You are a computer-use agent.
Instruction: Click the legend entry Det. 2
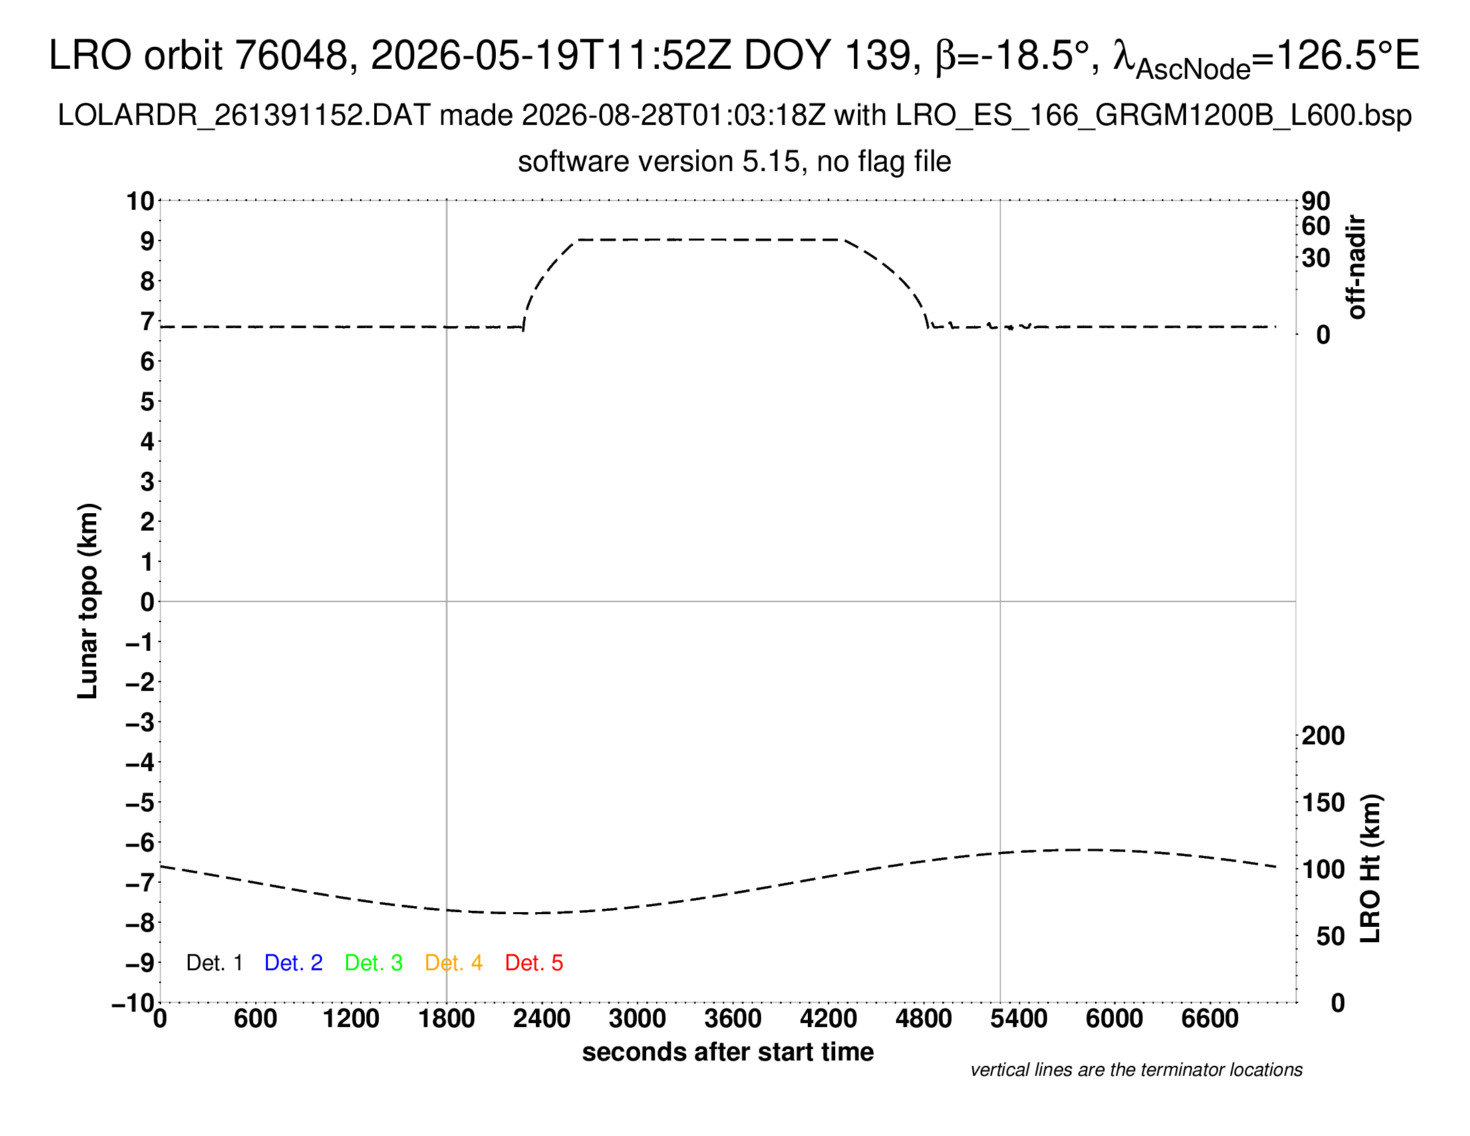pyautogui.click(x=293, y=963)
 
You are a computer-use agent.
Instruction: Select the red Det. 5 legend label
pyautogui.click(x=534, y=963)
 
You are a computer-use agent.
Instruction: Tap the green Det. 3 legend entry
pyautogui.click(x=374, y=963)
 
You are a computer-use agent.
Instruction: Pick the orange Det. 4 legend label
pyautogui.click(x=454, y=963)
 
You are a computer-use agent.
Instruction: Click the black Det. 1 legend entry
pyautogui.click(x=214, y=963)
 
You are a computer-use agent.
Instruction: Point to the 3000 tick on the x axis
pyautogui.click(x=637, y=1019)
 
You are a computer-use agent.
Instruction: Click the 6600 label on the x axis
pyautogui.click(x=1210, y=1019)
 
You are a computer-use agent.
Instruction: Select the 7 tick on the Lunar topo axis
pyautogui.click(x=148, y=321)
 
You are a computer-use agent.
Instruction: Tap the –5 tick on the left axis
pyautogui.click(x=140, y=803)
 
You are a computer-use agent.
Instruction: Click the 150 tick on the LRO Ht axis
pyautogui.click(x=1323, y=803)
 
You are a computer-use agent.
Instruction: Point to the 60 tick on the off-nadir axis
pyautogui.click(x=1316, y=226)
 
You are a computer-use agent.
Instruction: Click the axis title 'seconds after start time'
pyautogui.click(x=728, y=1052)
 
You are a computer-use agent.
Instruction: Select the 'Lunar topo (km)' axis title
pyautogui.click(x=88, y=601)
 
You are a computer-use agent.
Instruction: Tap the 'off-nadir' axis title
pyautogui.click(x=1356, y=267)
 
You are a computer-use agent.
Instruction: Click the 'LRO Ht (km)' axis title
pyautogui.click(x=1370, y=869)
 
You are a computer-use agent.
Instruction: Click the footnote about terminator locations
pyautogui.click(x=1136, y=1071)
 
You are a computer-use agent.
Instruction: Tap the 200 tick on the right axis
pyautogui.click(x=1323, y=736)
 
